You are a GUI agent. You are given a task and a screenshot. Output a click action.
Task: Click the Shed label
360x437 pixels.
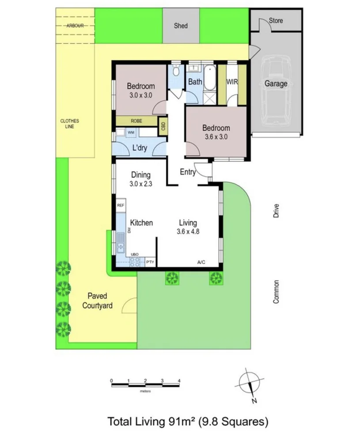(181, 26)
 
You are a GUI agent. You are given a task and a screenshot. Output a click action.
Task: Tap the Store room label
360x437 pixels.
(276, 21)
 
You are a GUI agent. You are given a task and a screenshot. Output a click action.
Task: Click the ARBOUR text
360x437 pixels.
(75, 26)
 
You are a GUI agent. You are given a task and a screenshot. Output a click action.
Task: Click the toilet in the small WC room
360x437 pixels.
(176, 71)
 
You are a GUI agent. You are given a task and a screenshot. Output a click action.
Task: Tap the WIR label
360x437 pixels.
(232, 82)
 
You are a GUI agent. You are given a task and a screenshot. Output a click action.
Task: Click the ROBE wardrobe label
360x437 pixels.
(136, 120)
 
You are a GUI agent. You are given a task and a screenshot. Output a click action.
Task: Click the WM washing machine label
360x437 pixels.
(131, 132)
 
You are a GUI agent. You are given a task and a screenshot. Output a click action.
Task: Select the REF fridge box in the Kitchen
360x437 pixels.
(121, 206)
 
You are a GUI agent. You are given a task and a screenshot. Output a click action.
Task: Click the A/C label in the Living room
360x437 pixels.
(201, 262)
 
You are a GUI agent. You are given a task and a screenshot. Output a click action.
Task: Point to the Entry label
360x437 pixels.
(188, 172)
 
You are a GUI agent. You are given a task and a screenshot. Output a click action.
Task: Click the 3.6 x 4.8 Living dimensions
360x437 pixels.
(188, 231)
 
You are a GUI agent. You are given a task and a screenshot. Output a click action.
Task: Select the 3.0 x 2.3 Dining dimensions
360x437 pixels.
(141, 184)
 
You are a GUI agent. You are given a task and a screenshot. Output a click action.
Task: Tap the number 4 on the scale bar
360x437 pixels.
(179, 380)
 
